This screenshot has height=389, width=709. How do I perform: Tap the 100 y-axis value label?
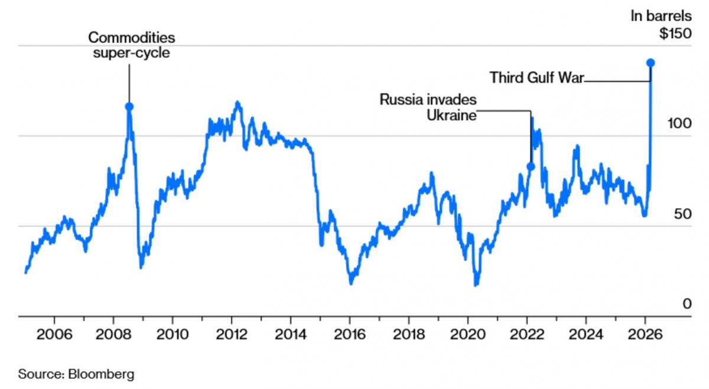pos(679,124)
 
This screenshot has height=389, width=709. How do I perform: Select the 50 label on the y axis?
pos(682,213)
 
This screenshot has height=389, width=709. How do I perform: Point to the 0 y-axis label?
pos(687,303)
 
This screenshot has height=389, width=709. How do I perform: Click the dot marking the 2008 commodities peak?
pos(129,106)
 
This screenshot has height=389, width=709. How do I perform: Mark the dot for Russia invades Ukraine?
pos(531,167)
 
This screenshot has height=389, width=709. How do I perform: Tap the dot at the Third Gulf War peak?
pos(651,63)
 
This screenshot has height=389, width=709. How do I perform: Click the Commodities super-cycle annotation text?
pos(132,46)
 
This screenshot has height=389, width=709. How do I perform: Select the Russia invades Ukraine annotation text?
pos(428,107)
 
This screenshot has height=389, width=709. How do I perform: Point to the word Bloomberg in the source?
pos(102,374)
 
